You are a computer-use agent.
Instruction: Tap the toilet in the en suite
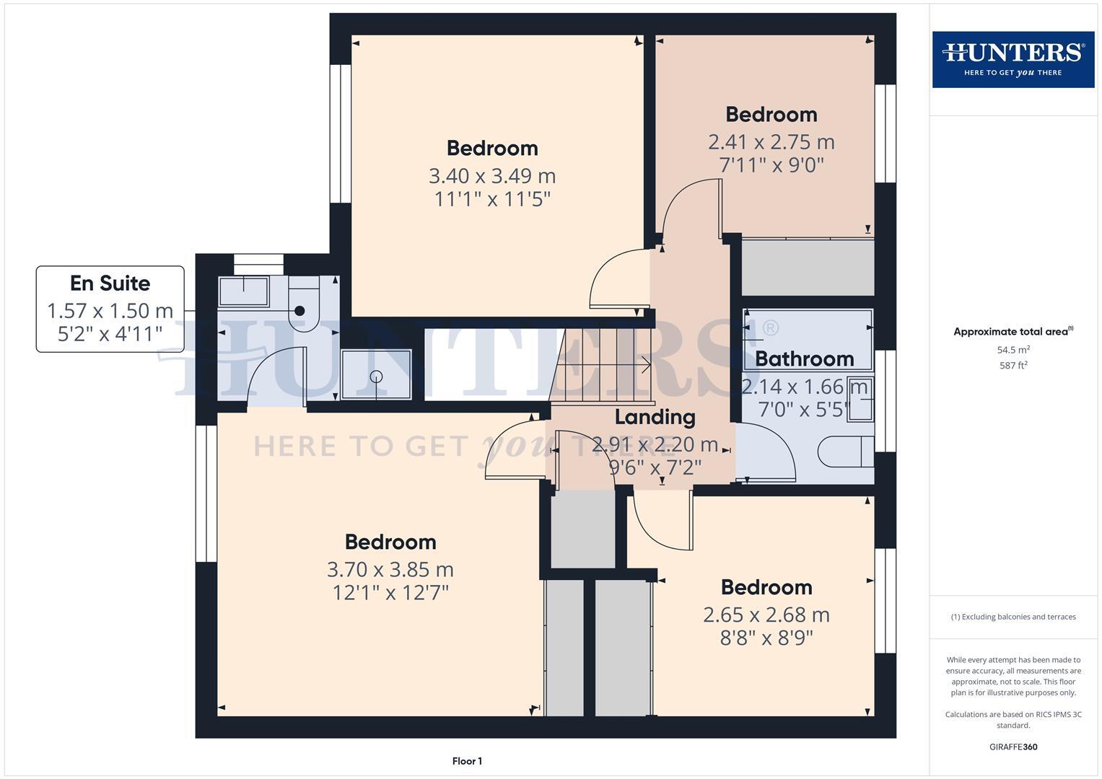(x=299, y=309)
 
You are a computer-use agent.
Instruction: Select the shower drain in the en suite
(x=376, y=376)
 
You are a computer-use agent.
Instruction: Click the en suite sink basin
(x=244, y=291)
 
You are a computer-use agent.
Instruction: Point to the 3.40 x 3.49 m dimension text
(x=492, y=175)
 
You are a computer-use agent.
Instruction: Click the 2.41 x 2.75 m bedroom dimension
(x=771, y=141)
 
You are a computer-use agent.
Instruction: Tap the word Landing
(x=655, y=417)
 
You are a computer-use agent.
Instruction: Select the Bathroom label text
(x=804, y=358)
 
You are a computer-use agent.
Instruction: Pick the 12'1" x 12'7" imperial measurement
(x=390, y=593)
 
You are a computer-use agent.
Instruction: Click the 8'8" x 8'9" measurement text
(x=766, y=638)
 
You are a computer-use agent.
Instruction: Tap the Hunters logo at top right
(x=1013, y=59)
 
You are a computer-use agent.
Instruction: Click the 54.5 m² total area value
(x=1013, y=350)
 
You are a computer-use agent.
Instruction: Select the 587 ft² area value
(x=1013, y=366)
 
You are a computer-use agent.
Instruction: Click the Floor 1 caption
(x=467, y=761)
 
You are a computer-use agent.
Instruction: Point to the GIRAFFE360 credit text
(x=1013, y=747)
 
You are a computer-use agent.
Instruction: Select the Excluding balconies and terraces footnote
(x=1013, y=617)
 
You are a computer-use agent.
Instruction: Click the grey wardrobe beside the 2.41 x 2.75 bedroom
(x=808, y=267)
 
